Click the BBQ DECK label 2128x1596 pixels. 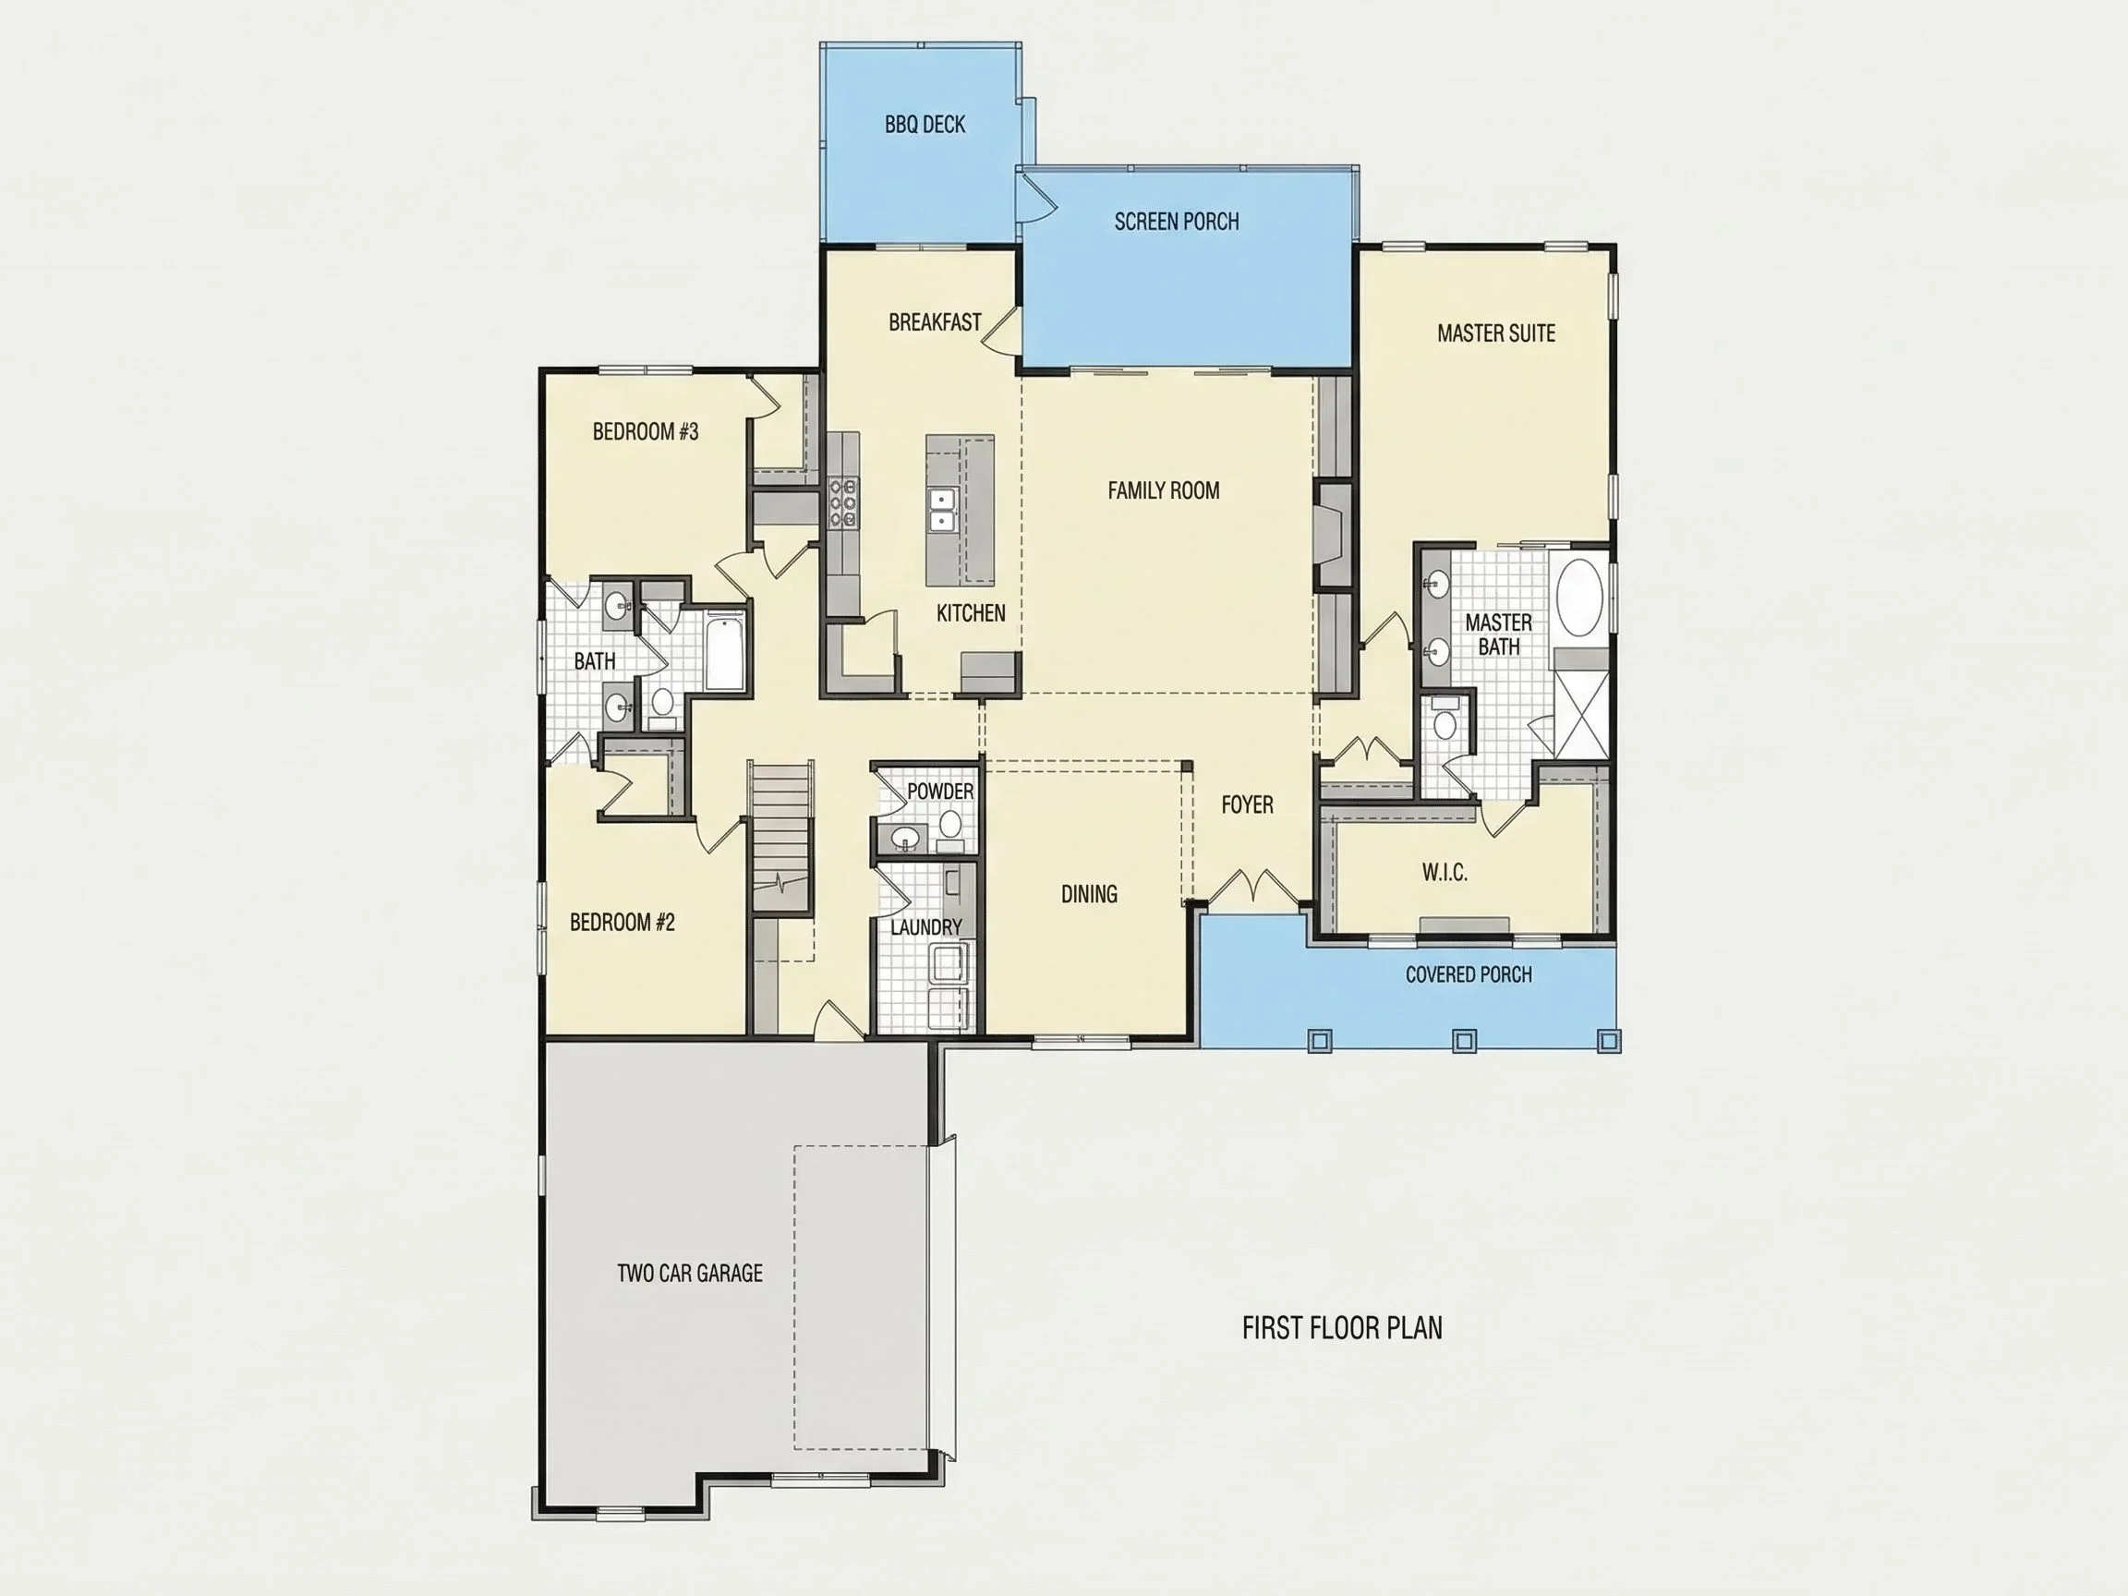(x=925, y=124)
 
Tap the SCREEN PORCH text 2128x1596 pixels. (x=1177, y=222)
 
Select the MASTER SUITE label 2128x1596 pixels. (x=1496, y=332)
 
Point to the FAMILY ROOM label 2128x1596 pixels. (x=1163, y=490)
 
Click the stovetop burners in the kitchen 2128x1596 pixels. (x=842, y=503)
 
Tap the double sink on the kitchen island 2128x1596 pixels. (x=941, y=510)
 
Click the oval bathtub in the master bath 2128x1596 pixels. (x=1578, y=598)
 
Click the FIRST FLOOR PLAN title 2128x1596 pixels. (x=1342, y=1328)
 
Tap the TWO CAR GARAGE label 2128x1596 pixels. (x=690, y=1273)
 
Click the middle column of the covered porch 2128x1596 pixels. (x=1463, y=1040)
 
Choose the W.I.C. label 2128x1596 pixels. (x=1444, y=873)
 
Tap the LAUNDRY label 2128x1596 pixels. (x=925, y=927)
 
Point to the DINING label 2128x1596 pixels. (x=1089, y=895)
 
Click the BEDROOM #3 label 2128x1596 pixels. (x=646, y=432)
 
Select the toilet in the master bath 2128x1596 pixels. (x=1444, y=719)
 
